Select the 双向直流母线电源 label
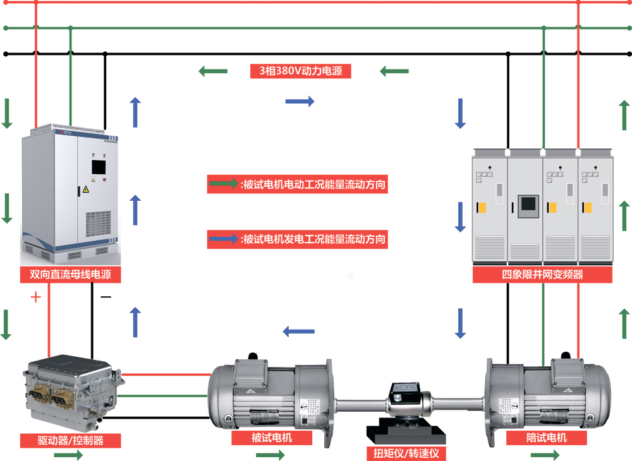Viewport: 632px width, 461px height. tap(70, 275)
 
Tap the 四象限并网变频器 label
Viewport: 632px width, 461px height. tap(542, 275)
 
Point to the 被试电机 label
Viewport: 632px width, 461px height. tap(272, 438)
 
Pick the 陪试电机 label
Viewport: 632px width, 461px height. tap(546, 438)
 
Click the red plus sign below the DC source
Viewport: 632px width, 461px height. tap(35, 297)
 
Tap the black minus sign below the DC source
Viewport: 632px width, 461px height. tap(106, 297)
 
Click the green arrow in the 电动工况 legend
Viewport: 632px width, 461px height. tap(223, 185)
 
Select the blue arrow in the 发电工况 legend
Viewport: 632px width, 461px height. tap(223, 239)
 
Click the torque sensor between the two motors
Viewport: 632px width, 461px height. tap(406, 398)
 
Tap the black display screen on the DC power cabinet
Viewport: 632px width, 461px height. tap(99, 167)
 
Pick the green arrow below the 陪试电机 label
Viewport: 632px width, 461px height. tap(545, 455)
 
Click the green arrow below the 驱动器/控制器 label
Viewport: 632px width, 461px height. tap(68, 455)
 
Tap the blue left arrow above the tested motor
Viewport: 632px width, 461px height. tap(298, 331)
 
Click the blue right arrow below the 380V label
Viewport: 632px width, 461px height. tap(300, 101)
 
